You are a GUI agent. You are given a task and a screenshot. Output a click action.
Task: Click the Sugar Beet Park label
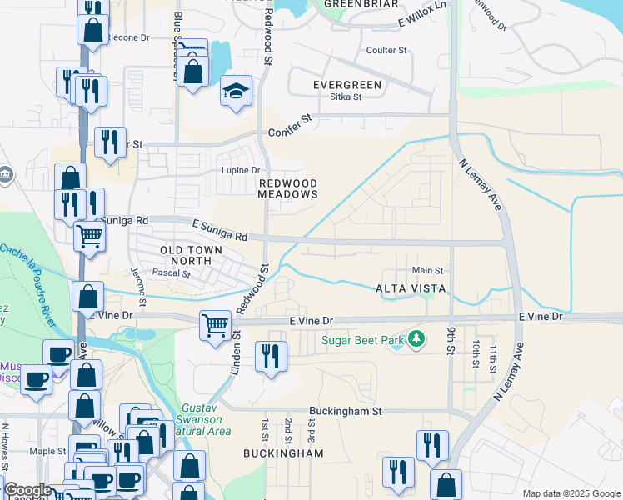pos(362,340)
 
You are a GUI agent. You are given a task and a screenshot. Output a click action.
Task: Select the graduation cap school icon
pos(236,91)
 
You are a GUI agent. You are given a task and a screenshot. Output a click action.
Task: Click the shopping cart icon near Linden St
pos(216,324)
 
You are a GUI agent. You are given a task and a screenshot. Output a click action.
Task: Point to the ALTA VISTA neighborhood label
pos(411,287)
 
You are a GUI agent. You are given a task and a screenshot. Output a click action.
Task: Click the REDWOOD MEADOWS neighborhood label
pos(288,188)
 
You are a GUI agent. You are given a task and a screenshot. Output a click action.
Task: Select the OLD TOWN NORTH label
pos(191,255)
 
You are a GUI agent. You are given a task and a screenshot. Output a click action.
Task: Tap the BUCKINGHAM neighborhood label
pos(283,453)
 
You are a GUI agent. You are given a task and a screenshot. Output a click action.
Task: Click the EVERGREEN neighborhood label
pos(347,85)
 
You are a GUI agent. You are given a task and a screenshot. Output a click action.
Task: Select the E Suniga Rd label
pos(220,230)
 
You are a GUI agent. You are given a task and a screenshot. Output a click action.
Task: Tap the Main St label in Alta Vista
pos(427,270)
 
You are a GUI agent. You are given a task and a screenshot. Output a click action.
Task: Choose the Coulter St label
pos(386,50)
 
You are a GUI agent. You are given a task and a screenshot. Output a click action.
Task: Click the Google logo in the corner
pos(27,491)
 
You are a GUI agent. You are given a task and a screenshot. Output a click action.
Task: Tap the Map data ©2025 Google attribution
pos(571,493)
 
